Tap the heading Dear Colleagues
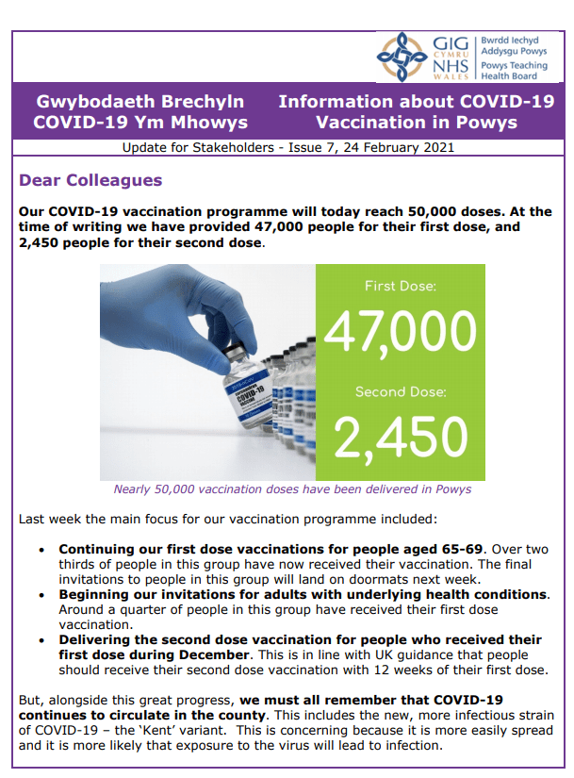pos(90,180)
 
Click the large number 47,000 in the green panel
pos(400,331)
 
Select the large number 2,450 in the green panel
pos(400,436)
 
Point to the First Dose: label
pos(400,286)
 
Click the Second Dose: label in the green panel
pos(400,391)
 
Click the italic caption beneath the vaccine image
pos(292,489)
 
